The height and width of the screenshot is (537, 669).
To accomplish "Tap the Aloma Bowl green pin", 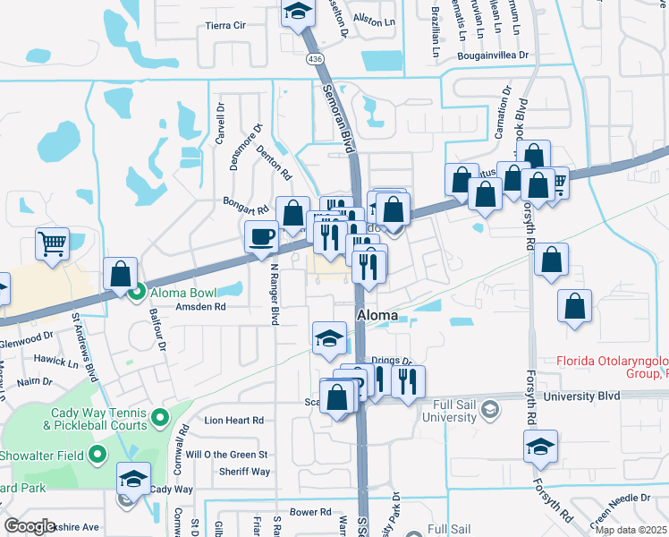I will [137, 292].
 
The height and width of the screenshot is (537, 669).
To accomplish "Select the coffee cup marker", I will [262, 237].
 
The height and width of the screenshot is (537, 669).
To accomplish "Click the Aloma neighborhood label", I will [377, 315].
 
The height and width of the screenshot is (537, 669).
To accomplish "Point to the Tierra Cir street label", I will [225, 25].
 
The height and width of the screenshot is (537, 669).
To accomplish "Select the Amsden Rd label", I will [200, 306].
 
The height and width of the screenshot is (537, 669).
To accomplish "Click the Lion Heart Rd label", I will [234, 419].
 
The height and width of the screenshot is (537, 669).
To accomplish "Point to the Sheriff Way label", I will [244, 472].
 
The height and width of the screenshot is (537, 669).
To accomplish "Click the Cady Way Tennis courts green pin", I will [161, 417].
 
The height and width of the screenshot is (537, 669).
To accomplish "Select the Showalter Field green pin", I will [98, 456].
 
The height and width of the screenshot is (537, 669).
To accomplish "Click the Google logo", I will [30, 526].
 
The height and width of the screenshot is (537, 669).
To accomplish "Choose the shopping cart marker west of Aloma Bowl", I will [53, 243].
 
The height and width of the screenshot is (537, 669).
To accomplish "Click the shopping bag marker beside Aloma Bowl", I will [120, 273].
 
